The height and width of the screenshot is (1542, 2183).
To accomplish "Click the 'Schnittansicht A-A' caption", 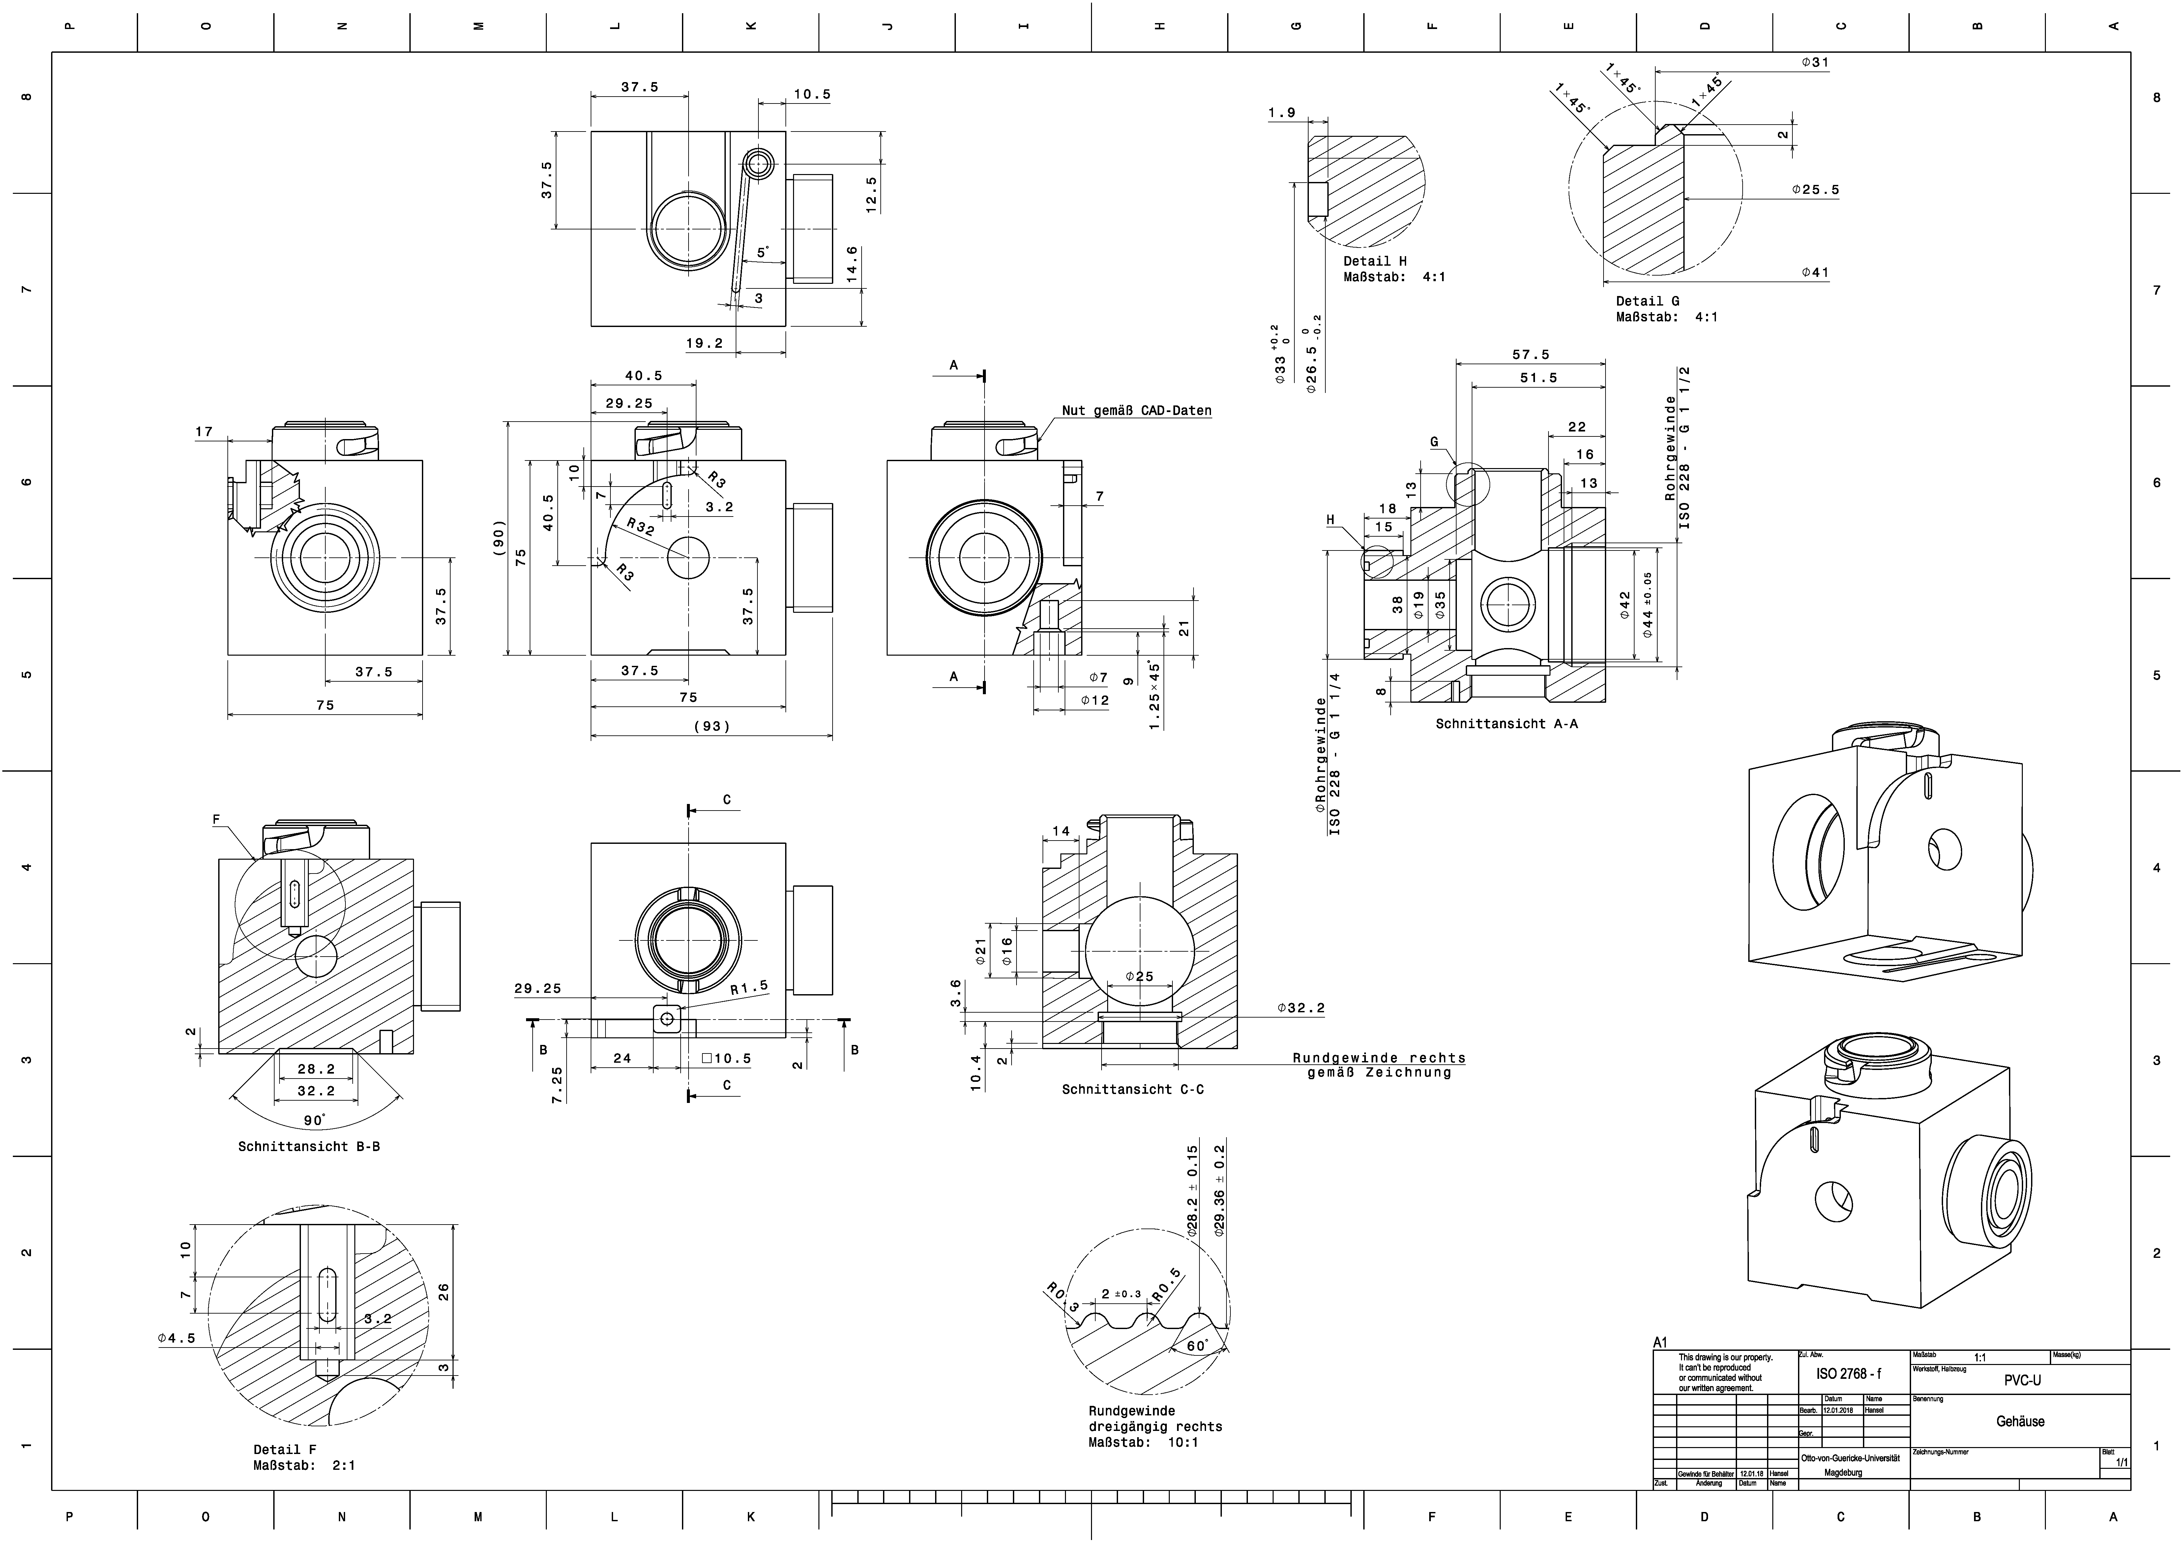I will coord(1506,724).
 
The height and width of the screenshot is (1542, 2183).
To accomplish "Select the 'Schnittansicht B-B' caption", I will coord(309,1146).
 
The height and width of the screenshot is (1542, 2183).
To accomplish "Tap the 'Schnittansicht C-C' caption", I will coord(1133,1089).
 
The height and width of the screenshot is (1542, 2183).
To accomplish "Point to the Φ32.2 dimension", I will coord(1301,1008).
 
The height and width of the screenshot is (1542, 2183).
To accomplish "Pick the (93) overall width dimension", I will coord(711,726).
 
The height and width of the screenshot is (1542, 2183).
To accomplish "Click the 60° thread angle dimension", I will coord(1197,1346).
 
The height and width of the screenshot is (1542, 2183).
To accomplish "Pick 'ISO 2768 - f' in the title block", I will coord(1848,1374).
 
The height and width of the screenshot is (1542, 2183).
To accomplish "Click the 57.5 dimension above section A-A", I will coord(1531,355).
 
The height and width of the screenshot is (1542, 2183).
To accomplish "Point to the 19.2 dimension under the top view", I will coord(704,343).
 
